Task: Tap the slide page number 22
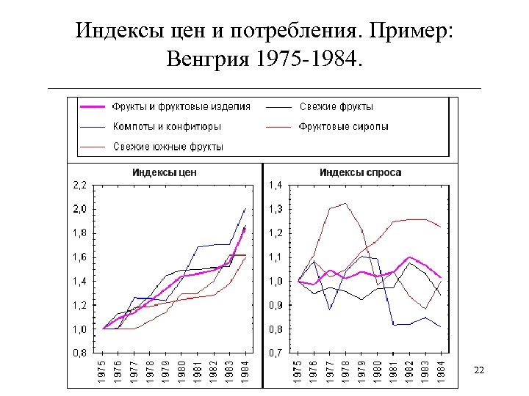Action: point(479,370)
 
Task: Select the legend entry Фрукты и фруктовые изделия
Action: point(181,106)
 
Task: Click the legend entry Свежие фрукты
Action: point(336,106)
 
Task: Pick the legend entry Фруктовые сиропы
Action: point(343,126)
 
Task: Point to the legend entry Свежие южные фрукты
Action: point(168,146)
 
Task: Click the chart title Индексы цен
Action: point(165,173)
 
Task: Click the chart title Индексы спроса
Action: point(360,173)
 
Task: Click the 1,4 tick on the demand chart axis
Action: point(276,185)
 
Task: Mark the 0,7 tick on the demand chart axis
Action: point(276,353)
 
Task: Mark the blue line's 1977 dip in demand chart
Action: point(330,309)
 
